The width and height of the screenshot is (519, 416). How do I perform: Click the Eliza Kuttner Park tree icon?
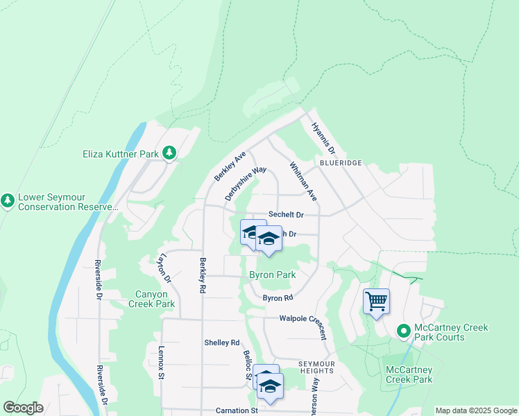click(x=169, y=153)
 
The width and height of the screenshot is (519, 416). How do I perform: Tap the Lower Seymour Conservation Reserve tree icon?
click(x=8, y=201)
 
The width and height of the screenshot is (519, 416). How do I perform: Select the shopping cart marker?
click(x=376, y=302)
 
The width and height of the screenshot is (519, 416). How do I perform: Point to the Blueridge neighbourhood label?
click(x=341, y=162)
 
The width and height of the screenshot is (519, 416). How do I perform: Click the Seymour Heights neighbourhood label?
click(x=316, y=367)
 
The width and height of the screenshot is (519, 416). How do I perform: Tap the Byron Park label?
click(x=273, y=275)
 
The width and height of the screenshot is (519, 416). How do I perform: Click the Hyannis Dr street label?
click(x=323, y=139)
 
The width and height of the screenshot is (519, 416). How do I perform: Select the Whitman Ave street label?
click(x=303, y=182)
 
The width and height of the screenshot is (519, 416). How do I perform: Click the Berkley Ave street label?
click(x=230, y=168)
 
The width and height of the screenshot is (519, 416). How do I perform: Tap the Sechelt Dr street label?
click(x=287, y=216)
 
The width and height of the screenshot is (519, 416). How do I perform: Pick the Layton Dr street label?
click(x=164, y=268)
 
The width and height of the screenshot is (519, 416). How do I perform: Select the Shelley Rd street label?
click(x=221, y=343)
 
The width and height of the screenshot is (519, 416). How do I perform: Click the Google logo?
click(x=23, y=408)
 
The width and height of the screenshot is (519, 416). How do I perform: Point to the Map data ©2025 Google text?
click(x=475, y=410)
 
